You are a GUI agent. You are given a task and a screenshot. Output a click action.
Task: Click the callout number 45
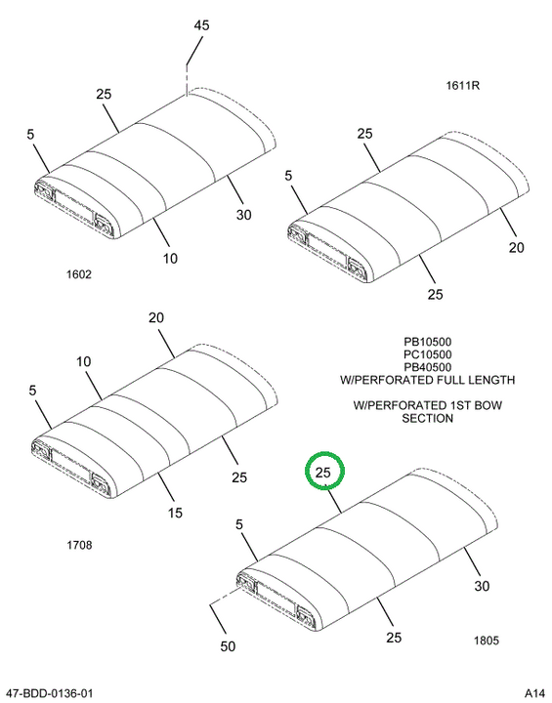tap(201, 25)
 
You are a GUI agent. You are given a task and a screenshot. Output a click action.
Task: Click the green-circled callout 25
tap(322, 473)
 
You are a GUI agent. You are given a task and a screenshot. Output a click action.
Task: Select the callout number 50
tap(228, 646)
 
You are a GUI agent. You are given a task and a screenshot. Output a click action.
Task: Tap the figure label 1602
tap(79, 274)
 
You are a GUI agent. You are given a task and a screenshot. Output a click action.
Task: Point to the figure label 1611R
tap(462, 85)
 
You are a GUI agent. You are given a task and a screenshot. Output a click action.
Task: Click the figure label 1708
tap(79, 545)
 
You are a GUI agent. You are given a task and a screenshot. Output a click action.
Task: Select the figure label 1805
tap(486, 641)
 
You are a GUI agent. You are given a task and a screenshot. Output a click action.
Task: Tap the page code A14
tap(534, 693)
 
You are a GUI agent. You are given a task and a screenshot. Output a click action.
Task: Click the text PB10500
tap(427, 342)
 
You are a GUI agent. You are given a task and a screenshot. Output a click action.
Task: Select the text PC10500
tap(427, 354)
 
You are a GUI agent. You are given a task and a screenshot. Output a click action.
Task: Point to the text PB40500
tap(427, 367)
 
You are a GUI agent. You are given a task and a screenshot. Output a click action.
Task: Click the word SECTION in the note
tap(427, 418)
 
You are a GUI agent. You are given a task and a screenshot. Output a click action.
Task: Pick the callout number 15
tap(175, 513)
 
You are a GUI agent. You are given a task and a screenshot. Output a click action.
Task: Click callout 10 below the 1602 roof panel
tap(170, 259)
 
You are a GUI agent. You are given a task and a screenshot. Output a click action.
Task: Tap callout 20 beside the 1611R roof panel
tap(516, 247)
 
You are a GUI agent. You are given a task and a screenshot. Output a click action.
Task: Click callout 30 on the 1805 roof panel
tap(482, 586)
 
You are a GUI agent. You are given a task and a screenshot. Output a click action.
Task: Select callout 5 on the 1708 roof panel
tap(32, 391)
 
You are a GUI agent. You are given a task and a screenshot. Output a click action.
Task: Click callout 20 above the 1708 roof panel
tap(156, 318)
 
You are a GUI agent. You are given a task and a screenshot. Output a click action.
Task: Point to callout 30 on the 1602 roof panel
tap(243, 215)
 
